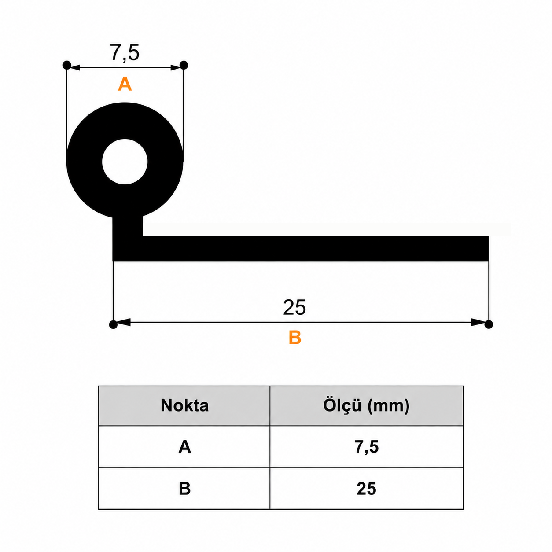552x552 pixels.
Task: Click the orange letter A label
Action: pyautogui.click(x=125, y=84)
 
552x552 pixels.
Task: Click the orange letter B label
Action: pyautogui.click(x=295, y=337)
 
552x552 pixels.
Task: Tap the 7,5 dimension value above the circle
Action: pyautogui.click(x=125, y=53)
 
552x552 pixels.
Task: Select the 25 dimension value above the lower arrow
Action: pyautogui.click(x=294, y=307)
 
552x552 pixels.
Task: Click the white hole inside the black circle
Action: pyautogui.click(x=125, y=162)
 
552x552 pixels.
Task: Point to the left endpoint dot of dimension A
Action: pyautogui.click(x=66, y=65)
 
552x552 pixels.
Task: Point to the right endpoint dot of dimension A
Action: pyautogui.click(x=183, y=65)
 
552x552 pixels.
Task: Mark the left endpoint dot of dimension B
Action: pyautogui.click(x=113, y=324)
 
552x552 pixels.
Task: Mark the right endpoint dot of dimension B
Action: pyautogui.click(x=489, y=324)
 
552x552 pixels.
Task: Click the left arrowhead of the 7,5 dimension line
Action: pyautogui.click(x=75, y=68)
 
